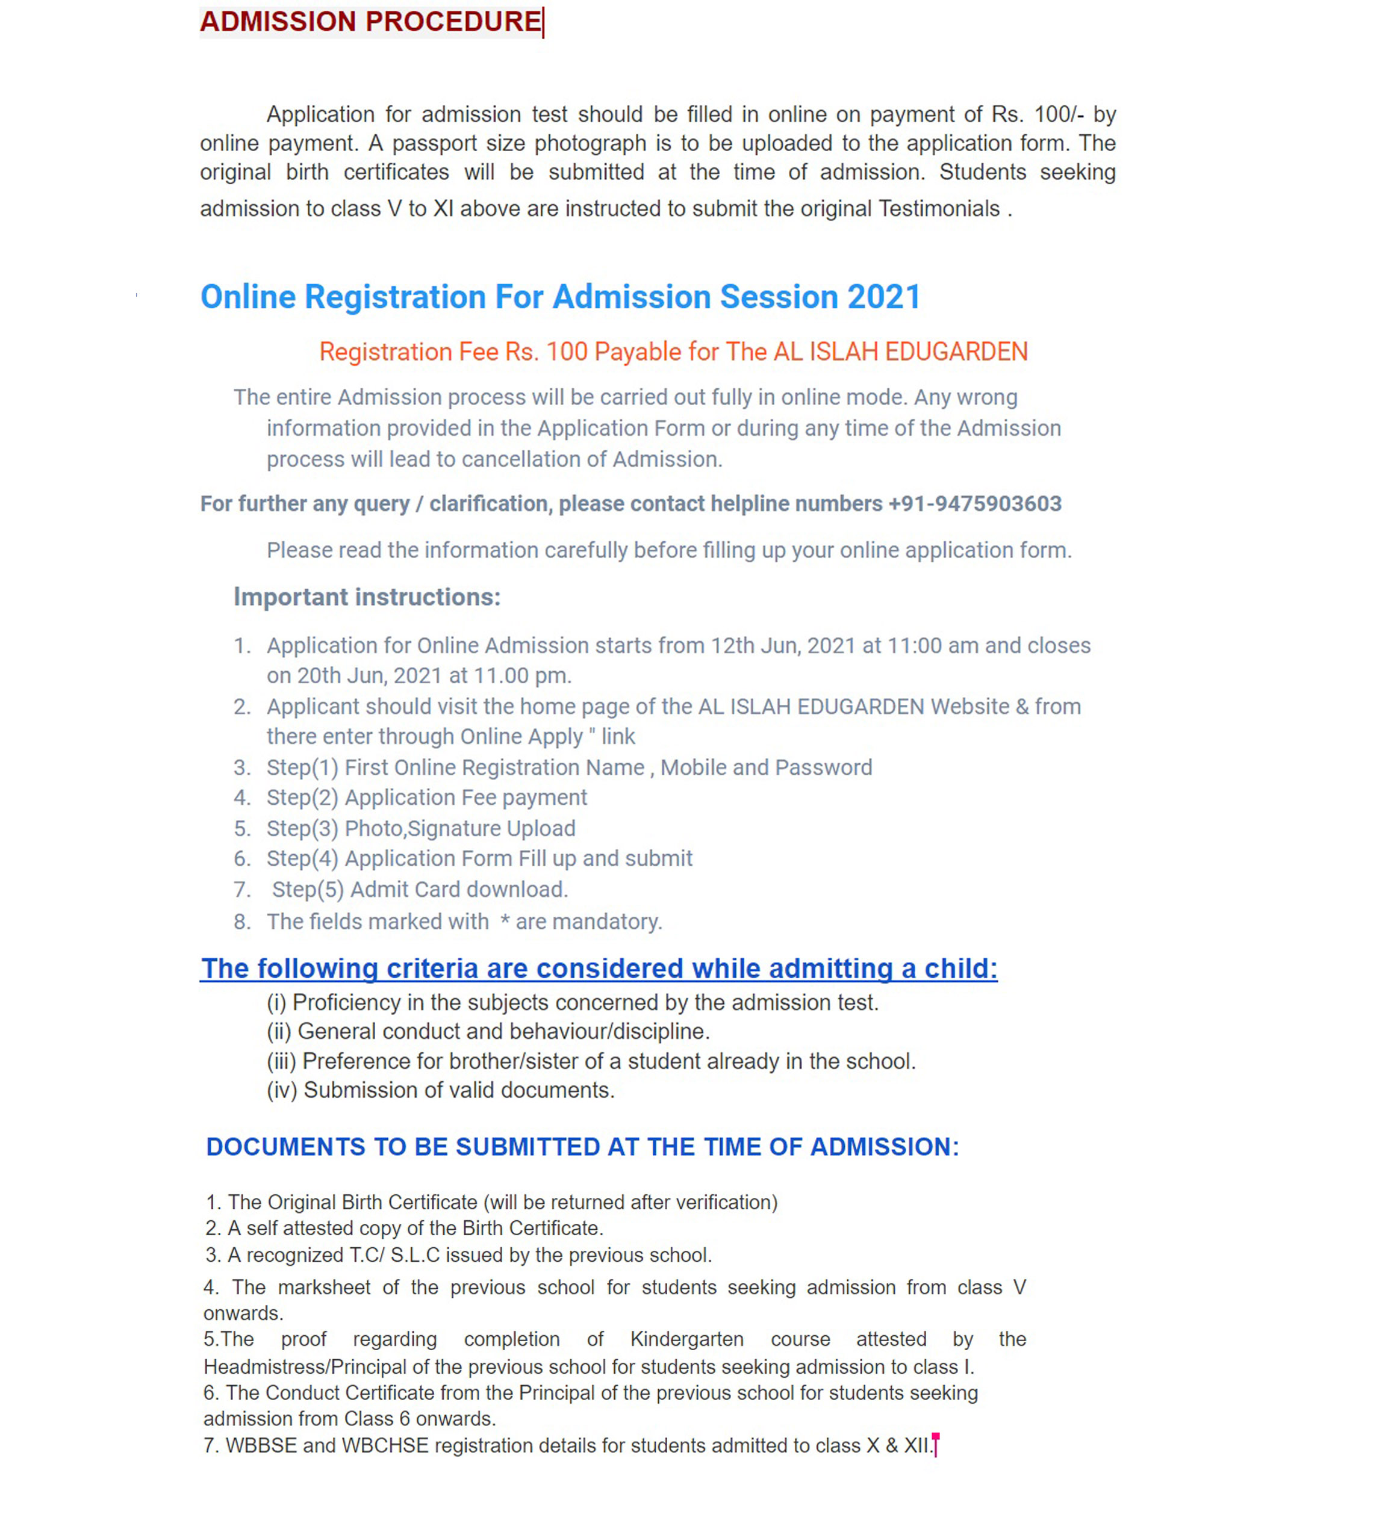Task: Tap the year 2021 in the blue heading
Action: coord(884,297)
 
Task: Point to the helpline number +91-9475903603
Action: coord(974,504)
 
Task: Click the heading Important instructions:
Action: coord(367,597)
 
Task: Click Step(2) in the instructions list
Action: coord(302,798)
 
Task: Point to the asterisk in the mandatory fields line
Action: coord(504,922)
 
